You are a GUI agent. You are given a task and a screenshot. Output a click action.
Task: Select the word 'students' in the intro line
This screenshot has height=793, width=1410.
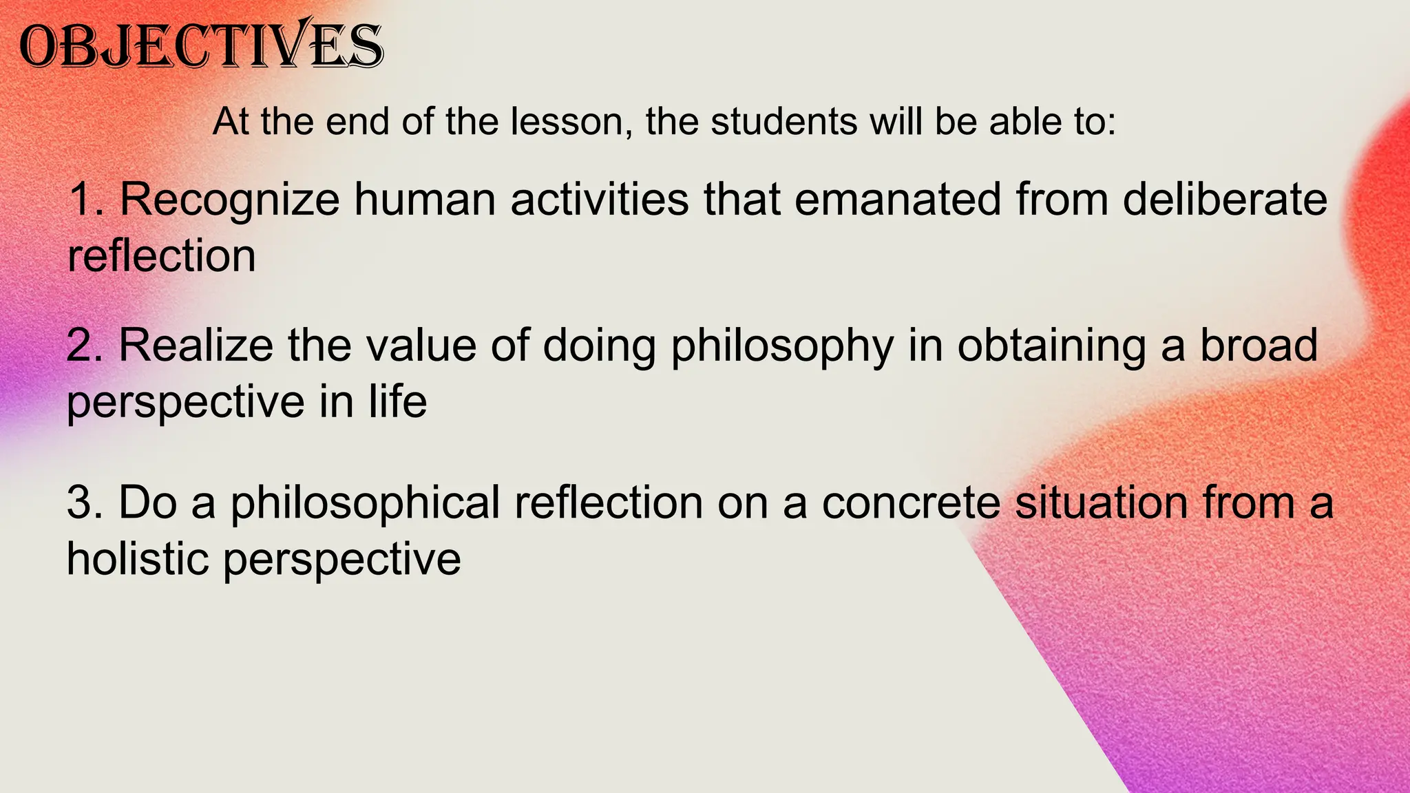tap(783, 122)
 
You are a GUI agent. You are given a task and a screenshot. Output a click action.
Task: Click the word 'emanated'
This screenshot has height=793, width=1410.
tap(897, 200)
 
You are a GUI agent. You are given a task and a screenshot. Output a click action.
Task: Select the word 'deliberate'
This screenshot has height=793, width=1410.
tap(1225, 200)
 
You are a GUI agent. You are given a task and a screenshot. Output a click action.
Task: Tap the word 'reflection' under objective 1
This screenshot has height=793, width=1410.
tap(162, 256)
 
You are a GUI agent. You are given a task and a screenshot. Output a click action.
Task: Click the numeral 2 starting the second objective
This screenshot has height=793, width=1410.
tap(82, 346)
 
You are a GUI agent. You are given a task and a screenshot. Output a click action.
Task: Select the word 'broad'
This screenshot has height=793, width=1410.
tap(1259, 346)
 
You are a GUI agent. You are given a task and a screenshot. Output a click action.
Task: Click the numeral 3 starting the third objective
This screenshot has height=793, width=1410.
tap(82, 503)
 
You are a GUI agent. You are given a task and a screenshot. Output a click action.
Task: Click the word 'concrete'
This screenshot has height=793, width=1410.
tap(911, 503)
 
